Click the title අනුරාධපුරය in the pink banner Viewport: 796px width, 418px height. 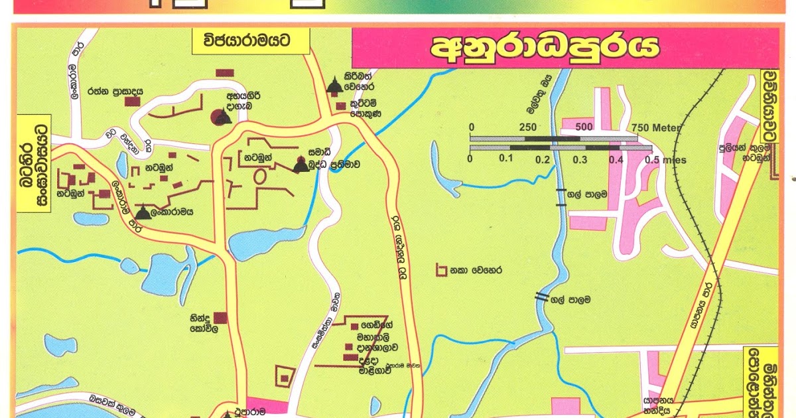click(545, 48)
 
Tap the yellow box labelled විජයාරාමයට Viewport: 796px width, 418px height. click(251, 42)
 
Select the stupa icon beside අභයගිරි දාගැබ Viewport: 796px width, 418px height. click(222, 117)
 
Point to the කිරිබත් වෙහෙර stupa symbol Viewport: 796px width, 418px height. click(335, 86)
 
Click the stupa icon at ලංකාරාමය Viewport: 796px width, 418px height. click(143, 212)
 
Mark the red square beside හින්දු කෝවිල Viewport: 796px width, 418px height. click(220, 318)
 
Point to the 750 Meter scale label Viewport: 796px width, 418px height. click(657, 127)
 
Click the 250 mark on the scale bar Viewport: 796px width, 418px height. click(527, 127)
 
